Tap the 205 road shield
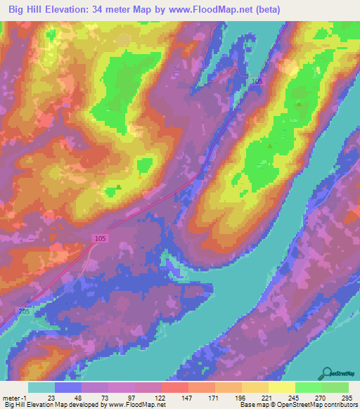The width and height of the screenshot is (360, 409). click(x=25, y=311)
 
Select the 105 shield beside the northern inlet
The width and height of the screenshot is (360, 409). click(x=257, y=82)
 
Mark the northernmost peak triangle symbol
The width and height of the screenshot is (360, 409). click(x=300, y=105)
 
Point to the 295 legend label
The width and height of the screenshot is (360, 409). click(x=346, y=397)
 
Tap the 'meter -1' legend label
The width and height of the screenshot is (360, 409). click(x=14, y=397)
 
